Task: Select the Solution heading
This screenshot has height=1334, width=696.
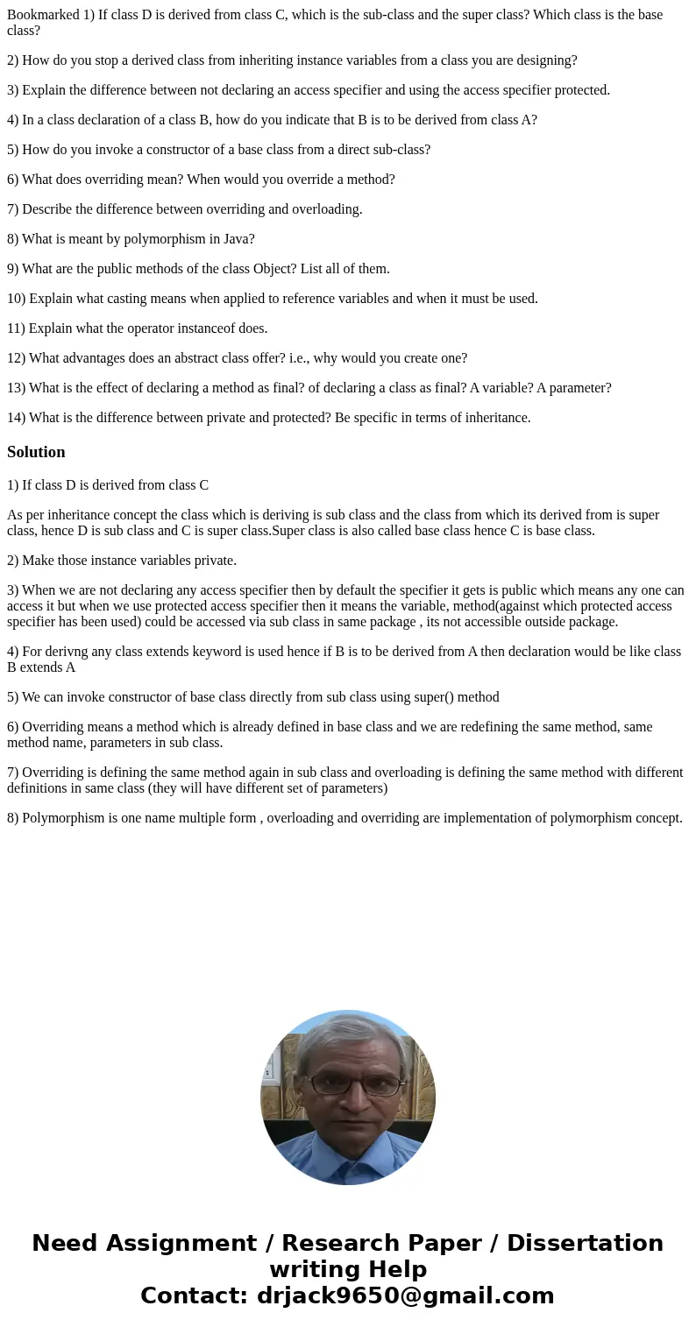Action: (x=36, y=452)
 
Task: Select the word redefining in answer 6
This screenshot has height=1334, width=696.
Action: (x=513, y=727)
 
